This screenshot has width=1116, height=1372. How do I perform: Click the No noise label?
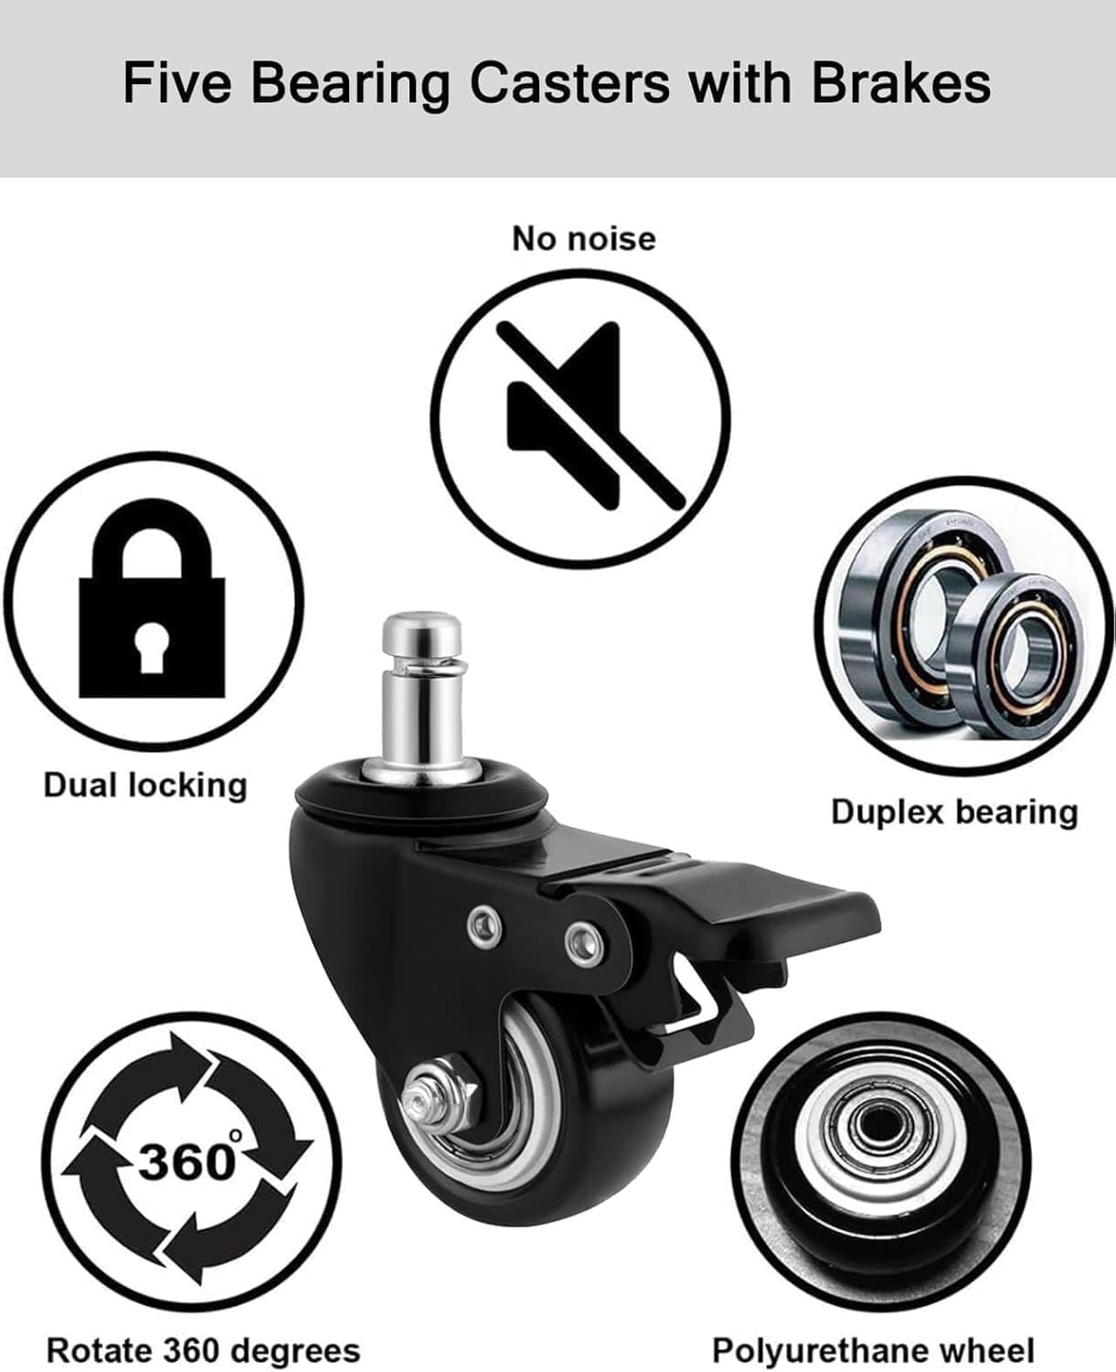tap(584, 239)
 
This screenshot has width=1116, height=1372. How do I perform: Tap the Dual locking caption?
tap(145, 785)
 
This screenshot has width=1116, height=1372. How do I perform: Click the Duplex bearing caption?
tap(954, 811)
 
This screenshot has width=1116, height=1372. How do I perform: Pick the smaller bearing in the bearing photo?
tap(1024, 649)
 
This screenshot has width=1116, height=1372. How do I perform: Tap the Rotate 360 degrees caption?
tap(203, 1350)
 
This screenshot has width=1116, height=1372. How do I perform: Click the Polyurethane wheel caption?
tap(873, 1350)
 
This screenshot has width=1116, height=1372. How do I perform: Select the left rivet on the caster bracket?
tap(484, 925)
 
